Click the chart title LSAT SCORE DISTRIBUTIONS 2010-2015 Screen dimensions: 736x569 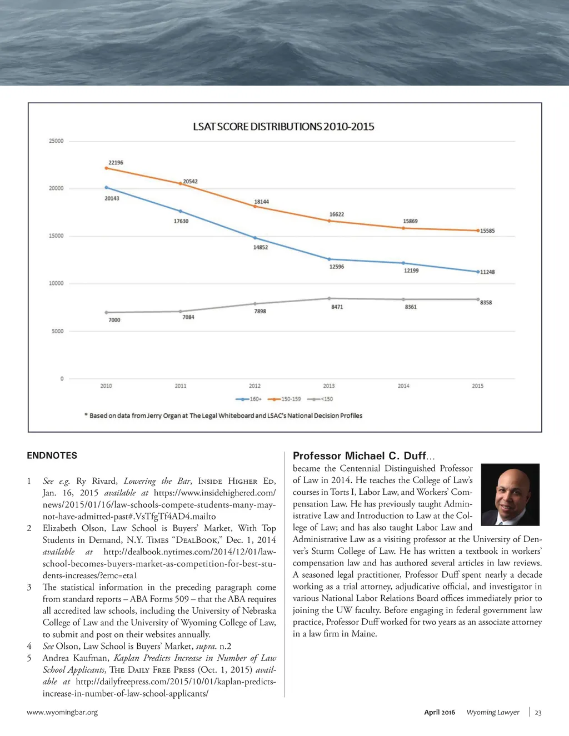coord(283,127)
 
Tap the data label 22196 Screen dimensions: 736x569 coord(116,163)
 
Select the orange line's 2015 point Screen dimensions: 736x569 coord(478,231)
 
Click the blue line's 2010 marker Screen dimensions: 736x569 coord(106,188)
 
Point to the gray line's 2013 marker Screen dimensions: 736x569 coord(329,298)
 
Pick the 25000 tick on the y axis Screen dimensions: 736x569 coord(56,141)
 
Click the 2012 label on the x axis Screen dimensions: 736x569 coord(254,385)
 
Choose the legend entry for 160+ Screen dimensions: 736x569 coord(249,399)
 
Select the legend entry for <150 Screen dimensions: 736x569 coord(320,399)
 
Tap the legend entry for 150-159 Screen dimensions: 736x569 coord(284,399)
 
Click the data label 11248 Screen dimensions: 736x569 coord(487,272)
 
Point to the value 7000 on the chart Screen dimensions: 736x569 coord(114,320)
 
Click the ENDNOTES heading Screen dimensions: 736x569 coord(52,455)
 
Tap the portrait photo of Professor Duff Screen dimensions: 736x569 coord(510,494)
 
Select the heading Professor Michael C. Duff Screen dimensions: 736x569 coord(363,456)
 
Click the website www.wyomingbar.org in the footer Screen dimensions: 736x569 coord(62,712)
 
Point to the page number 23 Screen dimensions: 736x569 coord(538,713)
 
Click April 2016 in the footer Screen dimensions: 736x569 coord(440,712)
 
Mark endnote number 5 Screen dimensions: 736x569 coord(29,658)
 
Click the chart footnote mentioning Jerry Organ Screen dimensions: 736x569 coord(226,415)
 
